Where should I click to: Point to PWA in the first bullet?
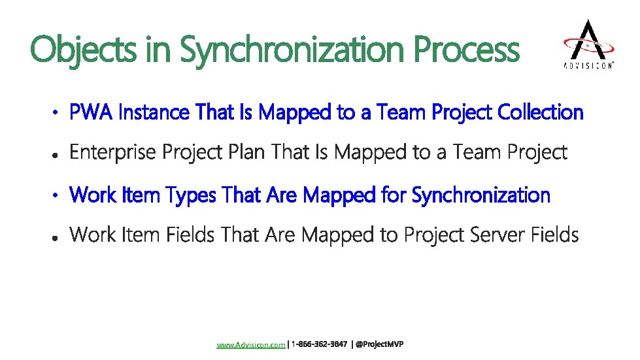point(92,113)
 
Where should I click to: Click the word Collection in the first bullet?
point(540,113)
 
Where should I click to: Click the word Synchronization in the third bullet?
point(482,195)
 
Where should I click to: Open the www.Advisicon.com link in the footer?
point(251,344)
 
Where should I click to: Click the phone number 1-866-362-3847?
point(319,344)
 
